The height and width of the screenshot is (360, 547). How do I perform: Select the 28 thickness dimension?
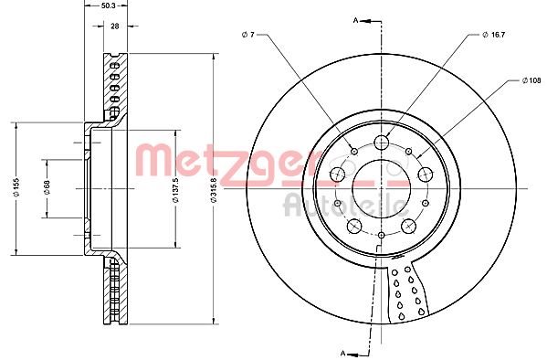click(x=114, y=26)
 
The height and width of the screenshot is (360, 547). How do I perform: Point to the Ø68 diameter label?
click(x=45, y=188)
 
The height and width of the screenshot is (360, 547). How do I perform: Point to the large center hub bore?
click(x=380, y=188)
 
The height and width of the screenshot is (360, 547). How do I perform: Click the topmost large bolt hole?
click(x=381, y=142)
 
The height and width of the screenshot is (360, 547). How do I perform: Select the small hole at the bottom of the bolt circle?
click(x=380, y=235)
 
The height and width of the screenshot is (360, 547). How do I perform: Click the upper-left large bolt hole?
click(x=337, y=175)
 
